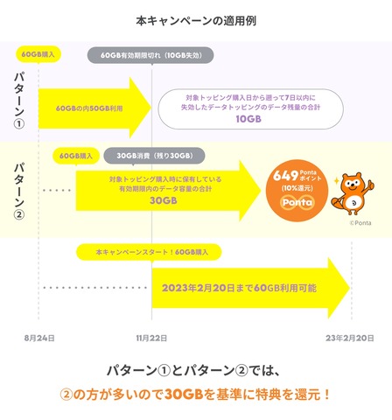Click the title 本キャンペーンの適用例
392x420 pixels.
click(x=196, y=21)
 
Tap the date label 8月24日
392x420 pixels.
click(x=39, y=338)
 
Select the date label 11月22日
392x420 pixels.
click(x=151, y=338)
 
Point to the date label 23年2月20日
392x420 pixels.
click(x=350, y=338)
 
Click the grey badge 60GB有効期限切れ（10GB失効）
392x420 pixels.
click(x=150, y=55)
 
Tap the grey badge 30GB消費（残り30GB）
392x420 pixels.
click(x=154, y=156)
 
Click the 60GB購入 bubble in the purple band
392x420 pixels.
click(x=38, y=54)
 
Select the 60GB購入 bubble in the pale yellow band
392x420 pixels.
click(x=76, y=156)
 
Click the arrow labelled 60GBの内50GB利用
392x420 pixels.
click(x=94, y=108)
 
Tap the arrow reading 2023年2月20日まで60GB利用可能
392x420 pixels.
click(x=251, y=288)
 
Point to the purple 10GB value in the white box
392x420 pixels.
click(x=248, y=119)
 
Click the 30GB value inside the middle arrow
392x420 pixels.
click(x=164, y=200)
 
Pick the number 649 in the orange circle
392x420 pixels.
click(x=285, y=176)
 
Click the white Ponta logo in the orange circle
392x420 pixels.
click(x=297, y=202)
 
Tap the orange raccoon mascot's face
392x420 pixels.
click(x=353, y=185)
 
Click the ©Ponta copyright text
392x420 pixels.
click(x=360, y=223)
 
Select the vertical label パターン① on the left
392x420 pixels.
click(x=19, y=100)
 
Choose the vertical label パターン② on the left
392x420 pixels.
click(x=19, y=191)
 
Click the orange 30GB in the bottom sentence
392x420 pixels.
click(x=184, y=395)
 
